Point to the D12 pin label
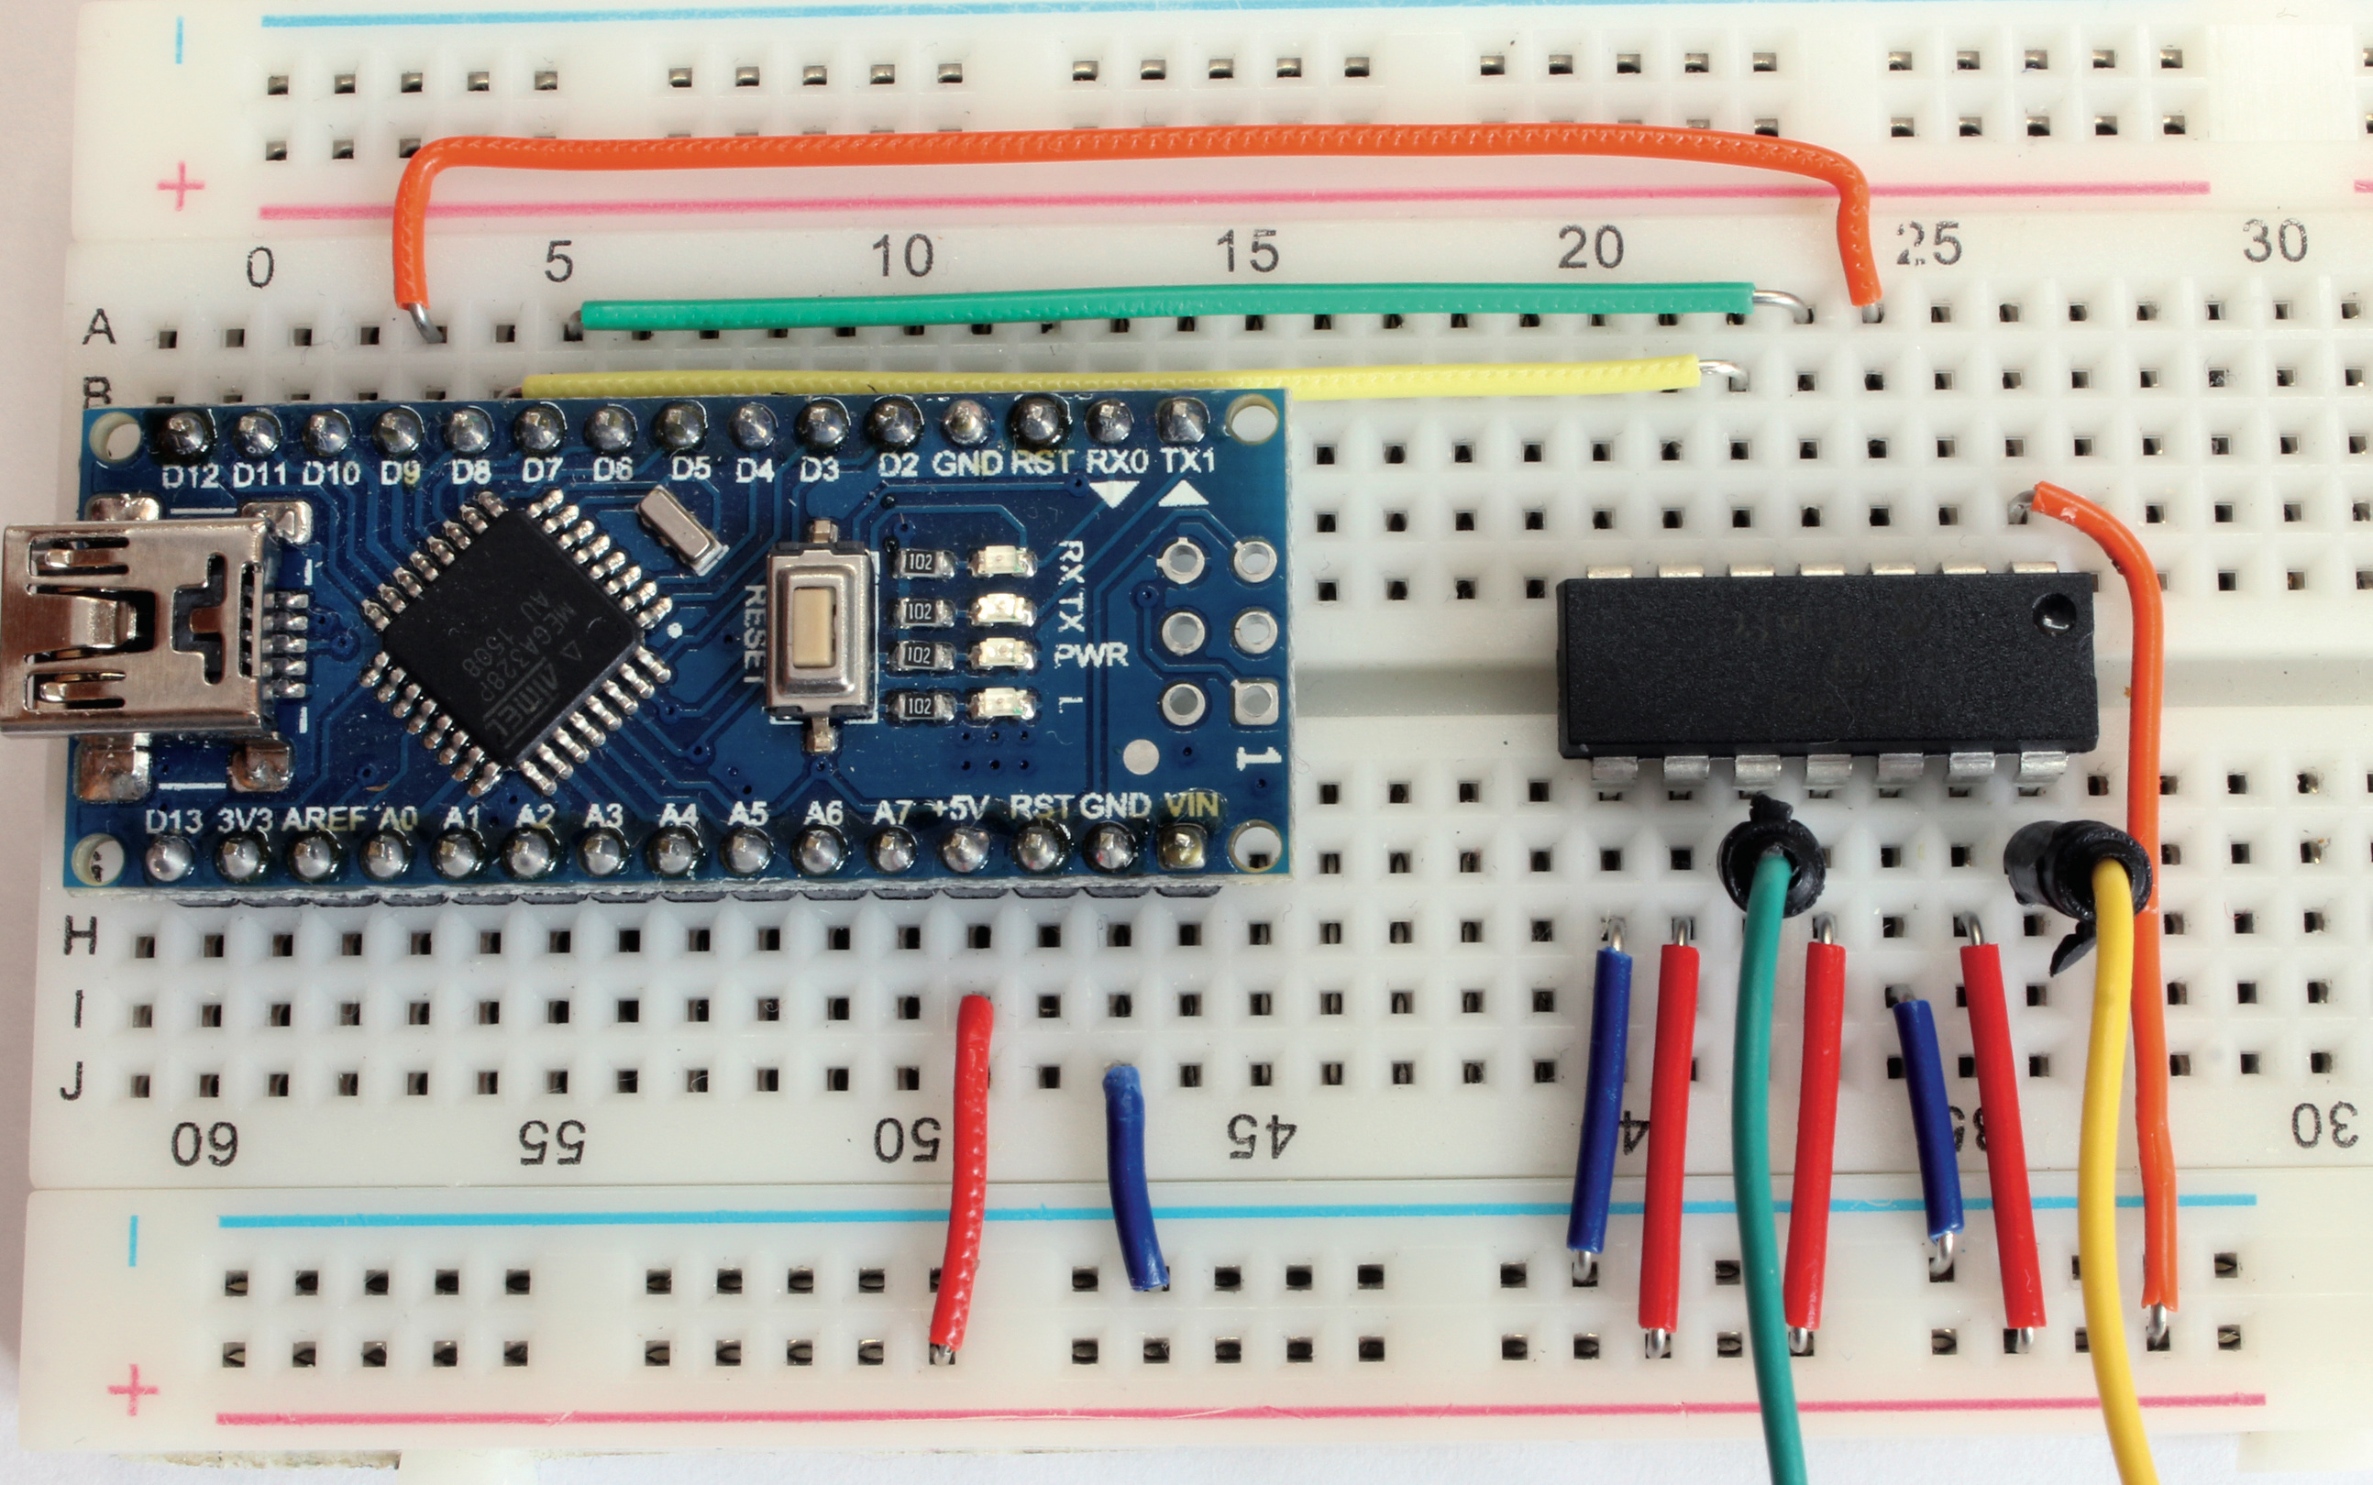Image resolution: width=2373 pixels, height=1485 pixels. pos(190,477)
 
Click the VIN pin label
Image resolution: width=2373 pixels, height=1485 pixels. pos(1191,807)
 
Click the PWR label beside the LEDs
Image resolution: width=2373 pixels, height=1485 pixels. pos(1090,655)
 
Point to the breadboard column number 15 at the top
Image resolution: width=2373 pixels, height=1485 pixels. pos(1246,251)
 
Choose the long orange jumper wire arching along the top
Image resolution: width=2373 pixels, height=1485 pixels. pos(1130,143)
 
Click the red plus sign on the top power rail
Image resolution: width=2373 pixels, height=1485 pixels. pos(181,187)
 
